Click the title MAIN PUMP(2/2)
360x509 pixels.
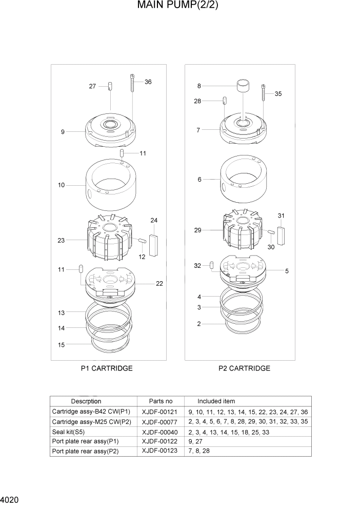coord(174,7)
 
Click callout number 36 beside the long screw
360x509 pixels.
coord(148,82)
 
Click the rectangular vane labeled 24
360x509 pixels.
coord(154,241)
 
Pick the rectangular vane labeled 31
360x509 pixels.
coord(281,234)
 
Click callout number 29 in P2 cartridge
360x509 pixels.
coord(197,230)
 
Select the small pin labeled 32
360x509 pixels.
coord(212,265)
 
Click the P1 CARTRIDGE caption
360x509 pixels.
coord(107,368)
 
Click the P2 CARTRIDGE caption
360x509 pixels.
coord(244,368)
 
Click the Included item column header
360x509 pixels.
coord(216,401)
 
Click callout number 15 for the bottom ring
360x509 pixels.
coord(61,345)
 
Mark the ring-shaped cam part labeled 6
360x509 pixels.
coord(241,180)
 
